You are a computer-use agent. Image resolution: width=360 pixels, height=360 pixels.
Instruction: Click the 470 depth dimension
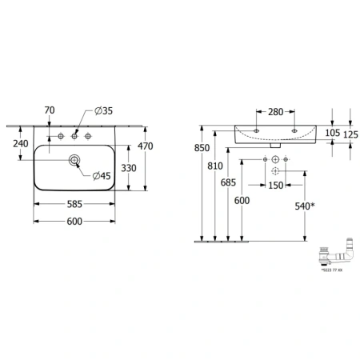145,146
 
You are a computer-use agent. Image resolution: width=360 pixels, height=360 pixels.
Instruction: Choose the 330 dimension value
128,168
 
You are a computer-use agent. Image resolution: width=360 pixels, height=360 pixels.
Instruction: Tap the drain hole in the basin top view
74,161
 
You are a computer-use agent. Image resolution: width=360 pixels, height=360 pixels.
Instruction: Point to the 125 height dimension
349,134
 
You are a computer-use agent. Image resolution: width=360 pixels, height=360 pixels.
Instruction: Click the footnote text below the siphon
330,271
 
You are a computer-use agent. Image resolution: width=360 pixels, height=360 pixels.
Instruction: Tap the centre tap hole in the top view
74,134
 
